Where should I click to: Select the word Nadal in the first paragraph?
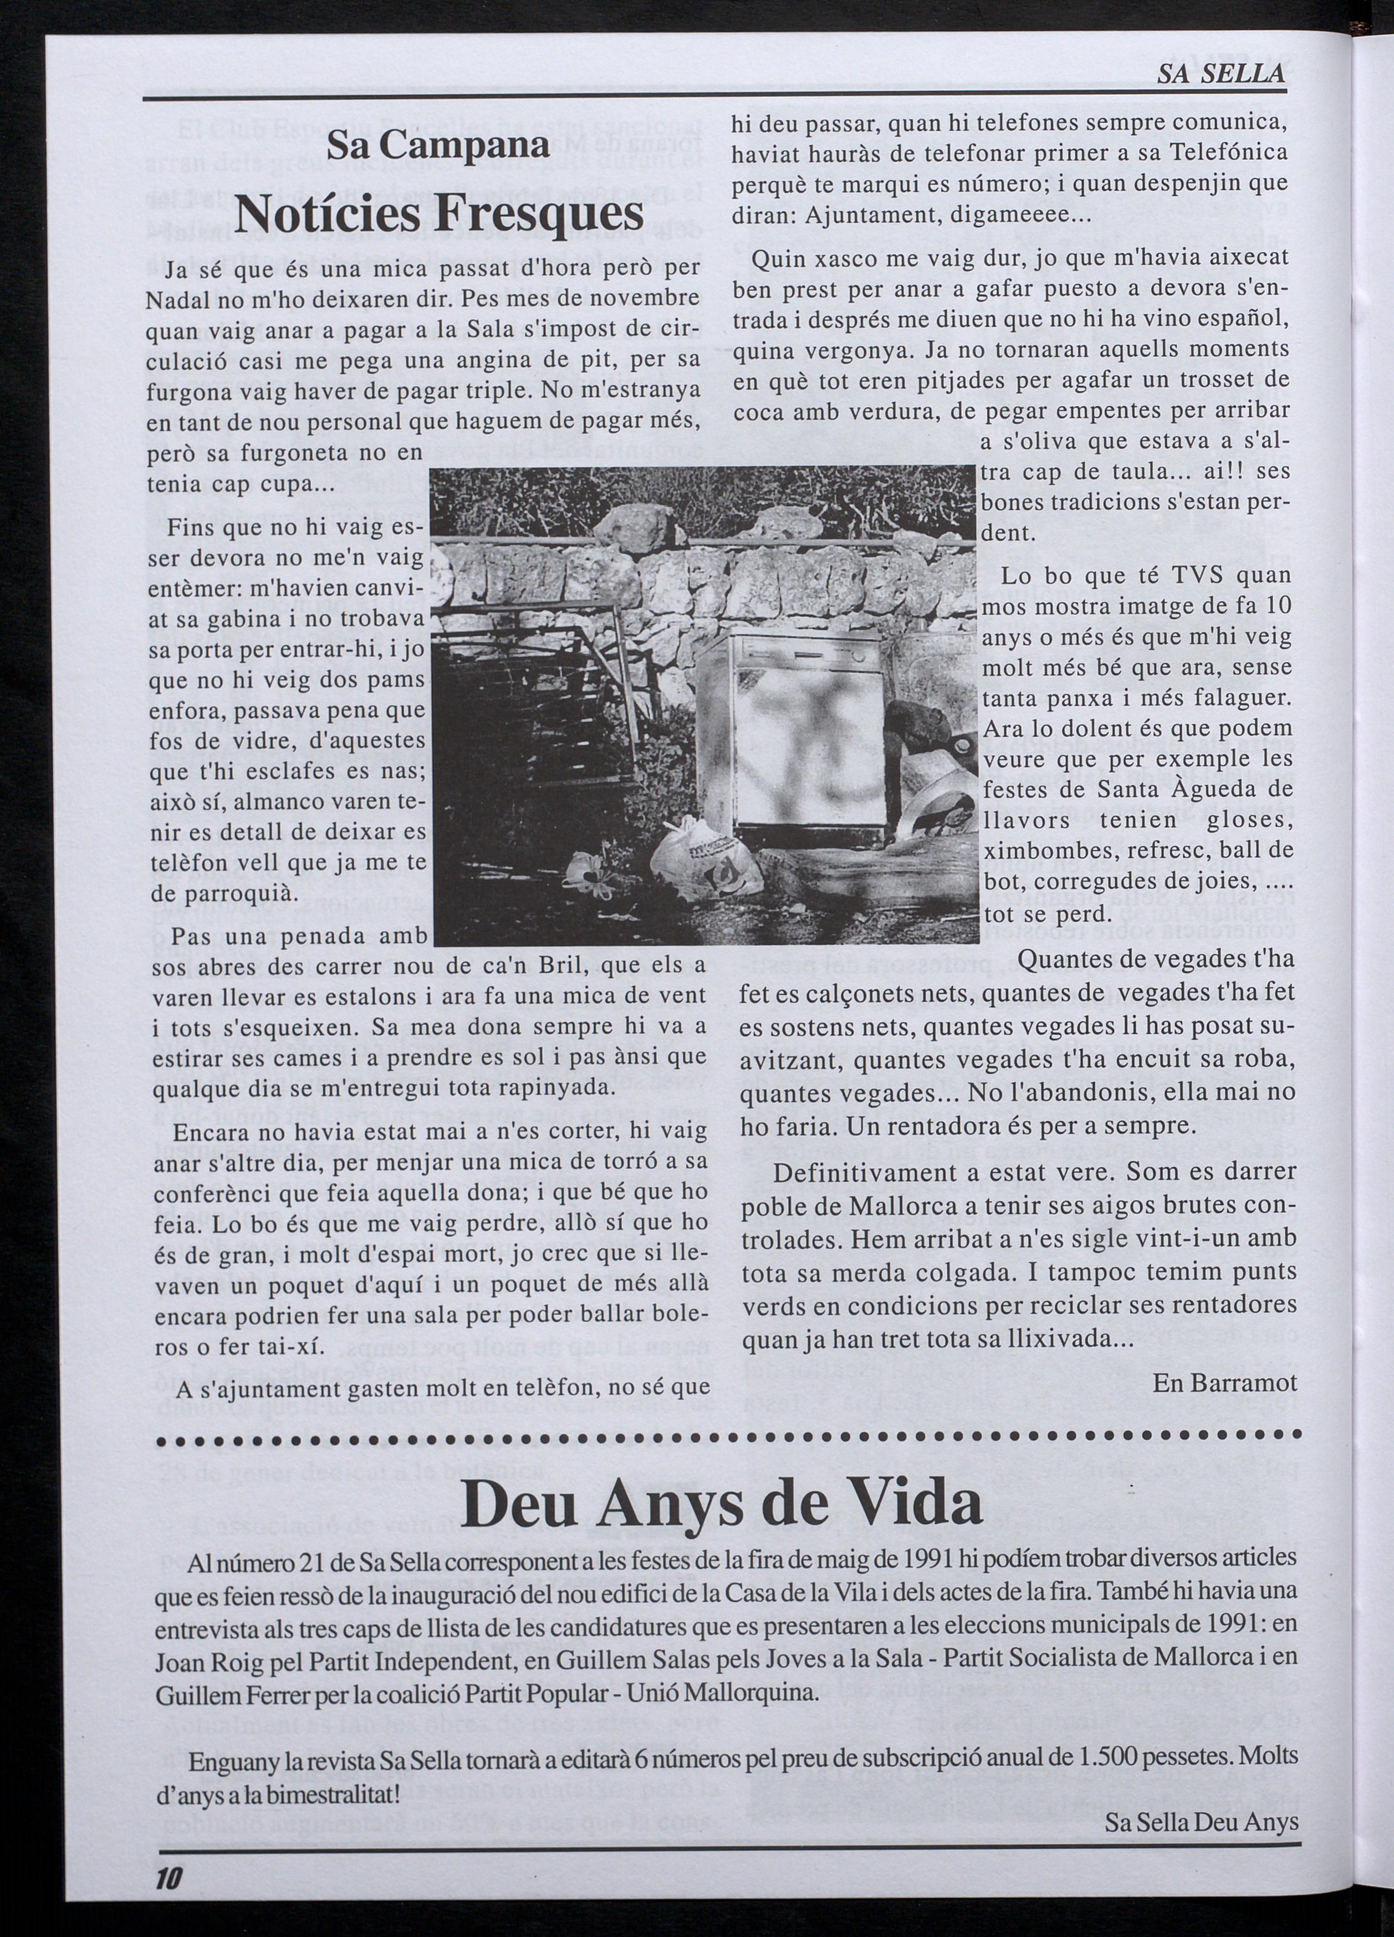[x=175, y=300]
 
